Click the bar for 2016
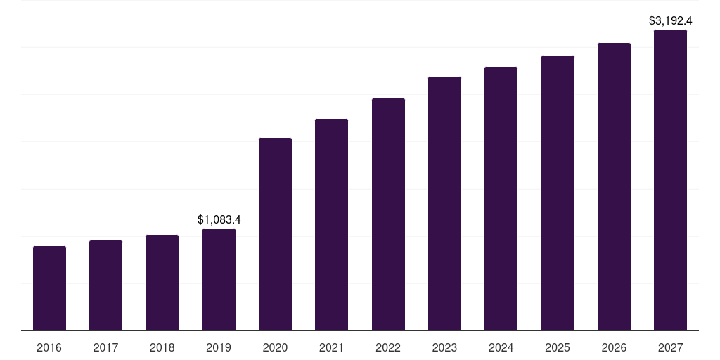(49, 288)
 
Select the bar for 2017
(105, 285)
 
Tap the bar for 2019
(219, 280)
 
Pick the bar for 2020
(275, 234)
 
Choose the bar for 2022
(388, 214)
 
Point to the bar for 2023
(444, 204)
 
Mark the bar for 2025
(558, 193)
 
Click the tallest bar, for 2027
(670, 180)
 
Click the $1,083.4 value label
(219, 219)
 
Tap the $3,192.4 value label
(670, 21)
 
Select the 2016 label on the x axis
(49, 348)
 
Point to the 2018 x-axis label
(162, 348)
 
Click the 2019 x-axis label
(219, 348)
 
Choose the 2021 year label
(331, 348)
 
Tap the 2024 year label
(501, 348)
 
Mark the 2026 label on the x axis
(614, 348)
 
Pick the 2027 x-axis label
(670, 348)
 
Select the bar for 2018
(162, 283)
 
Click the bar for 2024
(501, 199)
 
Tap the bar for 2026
(614, 187)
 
